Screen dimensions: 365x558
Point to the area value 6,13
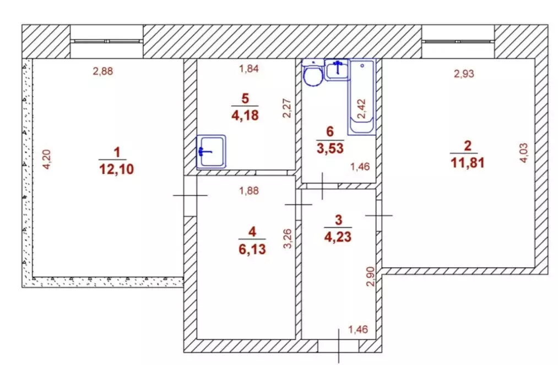point(252,249)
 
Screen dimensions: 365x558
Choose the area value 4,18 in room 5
point(245,115)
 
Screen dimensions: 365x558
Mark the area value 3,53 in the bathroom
point(330,148)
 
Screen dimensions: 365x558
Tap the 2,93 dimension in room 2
point(464,73)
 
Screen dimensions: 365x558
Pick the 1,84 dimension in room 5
point(249,69)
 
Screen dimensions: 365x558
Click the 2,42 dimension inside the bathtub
point(361,109)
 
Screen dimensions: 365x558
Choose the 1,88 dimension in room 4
point(249,191)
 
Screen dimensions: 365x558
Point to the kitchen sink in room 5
point(212,152)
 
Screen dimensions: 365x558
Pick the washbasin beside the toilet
point(337,69)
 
